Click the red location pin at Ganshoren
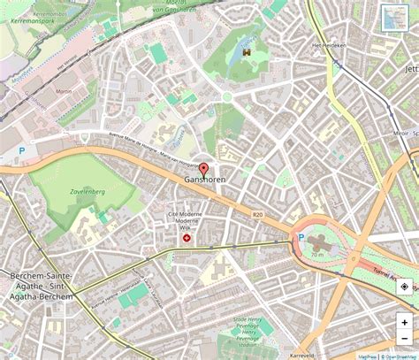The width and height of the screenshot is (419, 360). [x=203, y=169]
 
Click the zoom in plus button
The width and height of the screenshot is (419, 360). [x=404, y=323]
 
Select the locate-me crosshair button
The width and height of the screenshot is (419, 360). [x=404, y=287]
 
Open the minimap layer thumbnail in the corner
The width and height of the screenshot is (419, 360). [x=393, y=18]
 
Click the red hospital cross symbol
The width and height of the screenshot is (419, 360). [x=187, y=238]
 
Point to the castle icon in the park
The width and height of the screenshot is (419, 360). [x=248, y=54]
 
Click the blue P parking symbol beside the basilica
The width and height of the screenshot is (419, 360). [x=301, y=238]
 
